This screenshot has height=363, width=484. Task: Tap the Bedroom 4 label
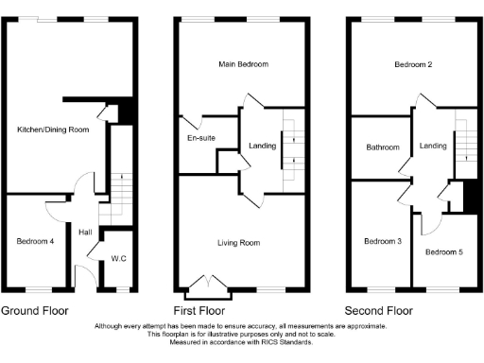click(35, 242)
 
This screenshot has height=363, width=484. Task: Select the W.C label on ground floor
click(119, 258)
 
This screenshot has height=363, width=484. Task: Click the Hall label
click(85, 232)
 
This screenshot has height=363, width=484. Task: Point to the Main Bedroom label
click(243, 64)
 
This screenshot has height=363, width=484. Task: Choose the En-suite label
click(200, 138)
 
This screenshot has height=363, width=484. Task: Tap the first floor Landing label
click(262, 145)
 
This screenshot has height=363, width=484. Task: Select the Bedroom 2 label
click(414, 64)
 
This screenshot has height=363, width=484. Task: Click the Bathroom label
click(383, 147)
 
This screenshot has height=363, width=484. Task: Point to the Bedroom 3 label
click(383, 242)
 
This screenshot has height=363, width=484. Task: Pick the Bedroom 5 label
click(443, 252)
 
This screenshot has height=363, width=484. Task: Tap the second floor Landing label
click(434, 146)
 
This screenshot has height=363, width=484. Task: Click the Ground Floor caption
click(34, 310)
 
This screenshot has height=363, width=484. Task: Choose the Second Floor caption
click(379, 310)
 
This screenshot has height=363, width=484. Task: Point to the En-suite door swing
click(192, 121)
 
